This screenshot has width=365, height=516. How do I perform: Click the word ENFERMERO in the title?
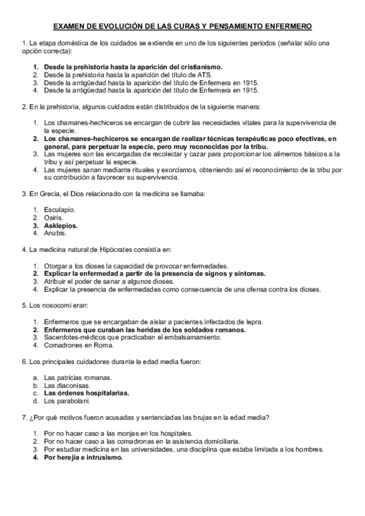click(286, 27)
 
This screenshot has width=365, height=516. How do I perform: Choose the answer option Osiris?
click(54, 218)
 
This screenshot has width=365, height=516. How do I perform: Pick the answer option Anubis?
click(56, 233)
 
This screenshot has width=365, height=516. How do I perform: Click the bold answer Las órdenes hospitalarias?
click(87, 393)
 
